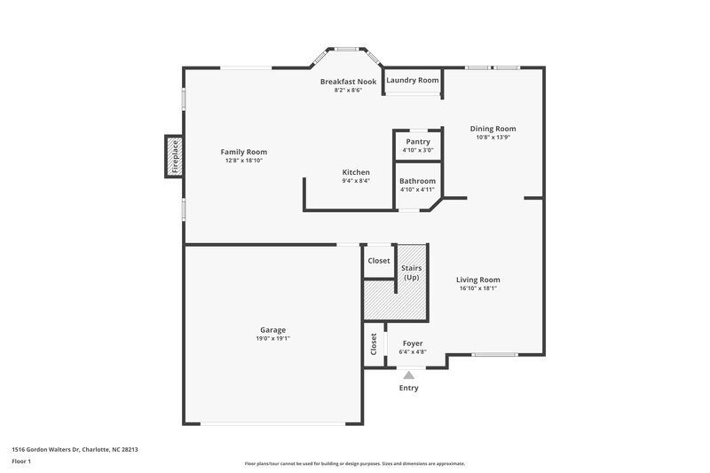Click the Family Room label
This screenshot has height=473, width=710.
click(243, 152)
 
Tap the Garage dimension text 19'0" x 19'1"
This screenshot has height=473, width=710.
click(272, 338)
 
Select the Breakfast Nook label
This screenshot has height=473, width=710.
click(348, 82)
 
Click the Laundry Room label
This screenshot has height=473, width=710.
click(412, 80)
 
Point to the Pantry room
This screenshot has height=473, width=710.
click(417, 146)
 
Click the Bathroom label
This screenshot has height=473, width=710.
click(417, 181)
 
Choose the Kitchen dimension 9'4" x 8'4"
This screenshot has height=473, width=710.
click(356, 181)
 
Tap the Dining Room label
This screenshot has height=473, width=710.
click(493, 129)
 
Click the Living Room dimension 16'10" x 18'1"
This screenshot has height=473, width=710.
click(478, 288)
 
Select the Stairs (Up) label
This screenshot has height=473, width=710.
click(412, 272)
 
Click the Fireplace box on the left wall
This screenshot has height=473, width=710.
click(174, 156)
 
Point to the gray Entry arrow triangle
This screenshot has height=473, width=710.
click(408, 375)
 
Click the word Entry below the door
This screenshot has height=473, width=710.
click(408, 388)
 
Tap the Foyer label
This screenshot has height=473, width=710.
click(413, 343)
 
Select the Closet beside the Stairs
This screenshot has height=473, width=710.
click(379, 261)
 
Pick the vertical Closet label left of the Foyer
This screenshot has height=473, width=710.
click(374, 344)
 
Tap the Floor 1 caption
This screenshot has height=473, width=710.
click(22, 462)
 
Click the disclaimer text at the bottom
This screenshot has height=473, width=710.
click(354, 463)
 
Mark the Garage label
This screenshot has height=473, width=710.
click(272, 329)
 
